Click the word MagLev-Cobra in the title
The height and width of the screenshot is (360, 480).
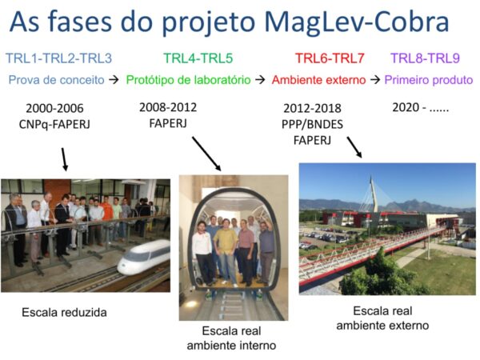click(x=356, y=22)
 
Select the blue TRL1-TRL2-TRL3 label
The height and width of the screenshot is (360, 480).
click(x=58, y=58)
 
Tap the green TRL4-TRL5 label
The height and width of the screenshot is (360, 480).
click(x=198, y=58)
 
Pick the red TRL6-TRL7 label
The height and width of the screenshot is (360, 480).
click(x=330, y=58)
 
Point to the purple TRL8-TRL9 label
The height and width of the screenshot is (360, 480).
click(x=426, y=58)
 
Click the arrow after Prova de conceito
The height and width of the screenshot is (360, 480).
click(x=114, y=80)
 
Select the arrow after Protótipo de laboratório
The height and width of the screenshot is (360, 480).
click(x=260, y=80)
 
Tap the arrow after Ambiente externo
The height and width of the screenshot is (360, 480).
click(x=375, y=80)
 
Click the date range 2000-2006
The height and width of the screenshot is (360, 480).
click(x=54, y=108)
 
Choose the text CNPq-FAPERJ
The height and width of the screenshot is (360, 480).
click(x=54, y=124)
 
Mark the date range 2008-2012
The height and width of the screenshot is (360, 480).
click(x=168, y=107)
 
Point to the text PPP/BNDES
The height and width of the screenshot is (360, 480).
click(x=312, y=124)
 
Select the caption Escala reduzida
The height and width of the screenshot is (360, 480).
click(x=64, y=313)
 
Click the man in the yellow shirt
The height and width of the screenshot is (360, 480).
click(x=226, y=251)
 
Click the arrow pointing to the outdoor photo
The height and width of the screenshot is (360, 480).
click(x=354, y=147)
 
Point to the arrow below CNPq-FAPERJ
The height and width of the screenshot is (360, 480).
click(x=64, y=159)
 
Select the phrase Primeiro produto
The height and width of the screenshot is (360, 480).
click(x=429, y=80)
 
